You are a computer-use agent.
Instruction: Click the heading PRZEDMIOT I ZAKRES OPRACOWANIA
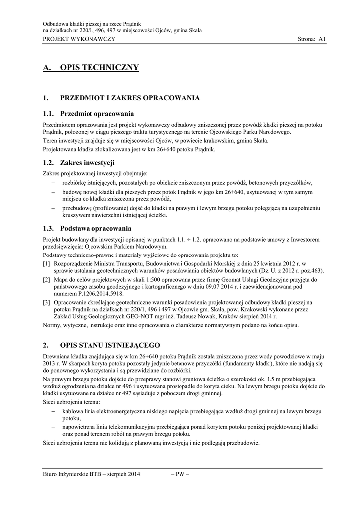(x=130, y=98)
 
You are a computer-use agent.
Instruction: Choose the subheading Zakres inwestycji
(x=88, y=162)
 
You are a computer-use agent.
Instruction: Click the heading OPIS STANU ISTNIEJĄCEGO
(x=109, y=344)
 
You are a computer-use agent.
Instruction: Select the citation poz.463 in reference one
(x=309, y=271)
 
